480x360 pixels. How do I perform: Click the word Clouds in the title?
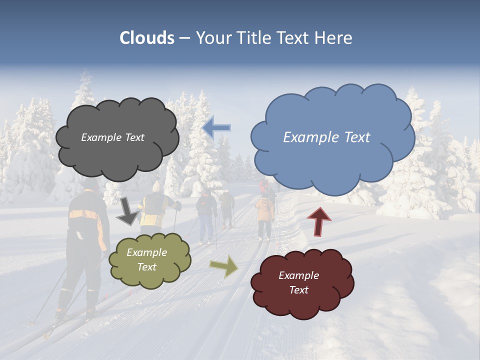click(147, 38)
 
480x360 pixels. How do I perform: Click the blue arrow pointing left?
click(216, 127)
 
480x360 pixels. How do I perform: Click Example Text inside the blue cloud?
click(326, 137)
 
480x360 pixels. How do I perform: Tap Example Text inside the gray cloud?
click(112, 137)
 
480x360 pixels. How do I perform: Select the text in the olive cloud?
click(147, 260)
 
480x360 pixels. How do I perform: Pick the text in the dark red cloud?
click(298, 282)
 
